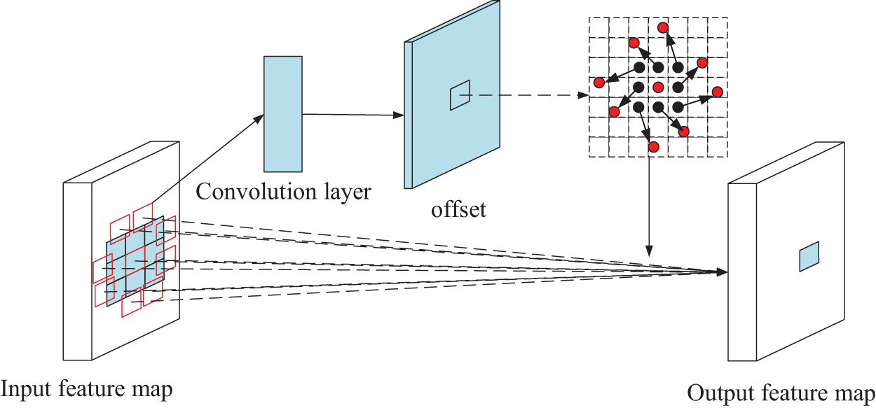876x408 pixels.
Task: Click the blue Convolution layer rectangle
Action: [x=283, y=114]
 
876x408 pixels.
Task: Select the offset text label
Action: [x=459, y=209]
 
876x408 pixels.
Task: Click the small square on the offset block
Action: [x=460, y=94]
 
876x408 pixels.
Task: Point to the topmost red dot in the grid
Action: [x=662, y=27]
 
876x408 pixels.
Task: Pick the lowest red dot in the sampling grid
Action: [x=653, y=147]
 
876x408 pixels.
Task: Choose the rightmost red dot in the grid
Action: [x=717, y=92]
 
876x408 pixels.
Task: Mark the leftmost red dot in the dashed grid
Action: [x=599, y=83]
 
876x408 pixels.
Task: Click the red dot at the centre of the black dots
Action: [x=658, y=87]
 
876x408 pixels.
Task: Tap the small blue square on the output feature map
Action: [x=809, y=256]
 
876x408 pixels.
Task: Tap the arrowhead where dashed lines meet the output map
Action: [x=722, y=271]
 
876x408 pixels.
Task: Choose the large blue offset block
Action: [x=452, y=112]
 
